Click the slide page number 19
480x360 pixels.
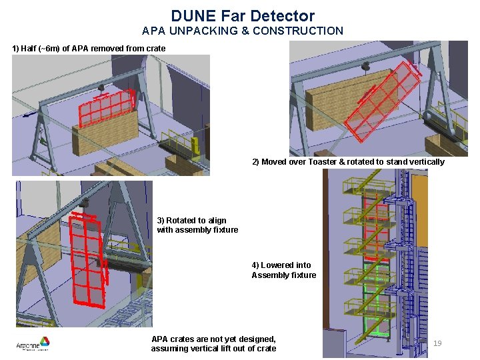click(x=437, y=343)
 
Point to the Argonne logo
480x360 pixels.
click(x=33, y=344)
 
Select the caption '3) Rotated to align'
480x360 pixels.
click(x=191, y=221)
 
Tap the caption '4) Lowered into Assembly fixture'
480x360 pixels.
click(x=283, y=270)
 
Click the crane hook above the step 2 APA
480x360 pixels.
click(x=365, y=67)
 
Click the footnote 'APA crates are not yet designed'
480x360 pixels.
click(x=213, y=339)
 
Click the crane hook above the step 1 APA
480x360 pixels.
click(x=101, y=87)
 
